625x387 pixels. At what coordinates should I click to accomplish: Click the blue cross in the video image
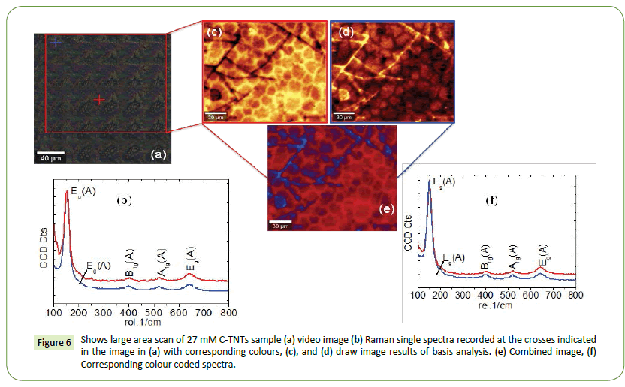coord(55,43)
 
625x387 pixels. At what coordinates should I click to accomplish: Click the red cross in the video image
coord(99,98)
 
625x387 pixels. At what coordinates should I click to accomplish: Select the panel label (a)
coord(158,154)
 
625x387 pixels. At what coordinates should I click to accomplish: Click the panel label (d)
coord(346,32)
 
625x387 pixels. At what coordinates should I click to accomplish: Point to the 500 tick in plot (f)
coord(506,296)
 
